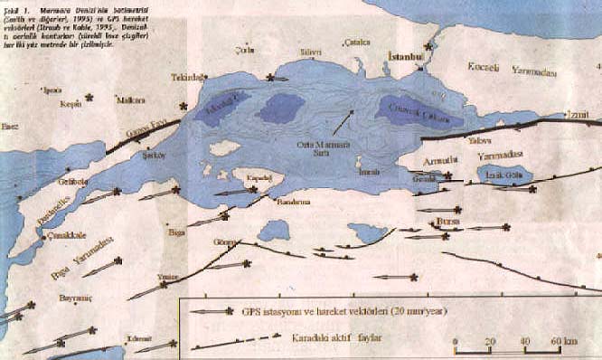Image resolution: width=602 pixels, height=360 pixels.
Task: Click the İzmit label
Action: [x=576, y=115]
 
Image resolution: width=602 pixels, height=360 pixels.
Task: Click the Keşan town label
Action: [x=71, y=104]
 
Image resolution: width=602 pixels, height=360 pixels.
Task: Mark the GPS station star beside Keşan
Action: [x=89, y=97]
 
